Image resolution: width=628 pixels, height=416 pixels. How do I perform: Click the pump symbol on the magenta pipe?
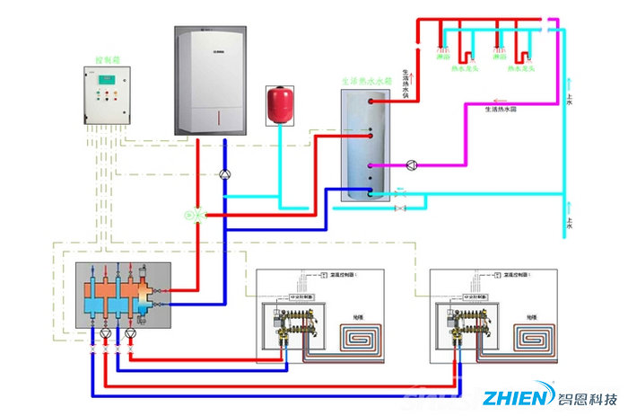412,165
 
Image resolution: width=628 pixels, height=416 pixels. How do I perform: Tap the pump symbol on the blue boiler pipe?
225,174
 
